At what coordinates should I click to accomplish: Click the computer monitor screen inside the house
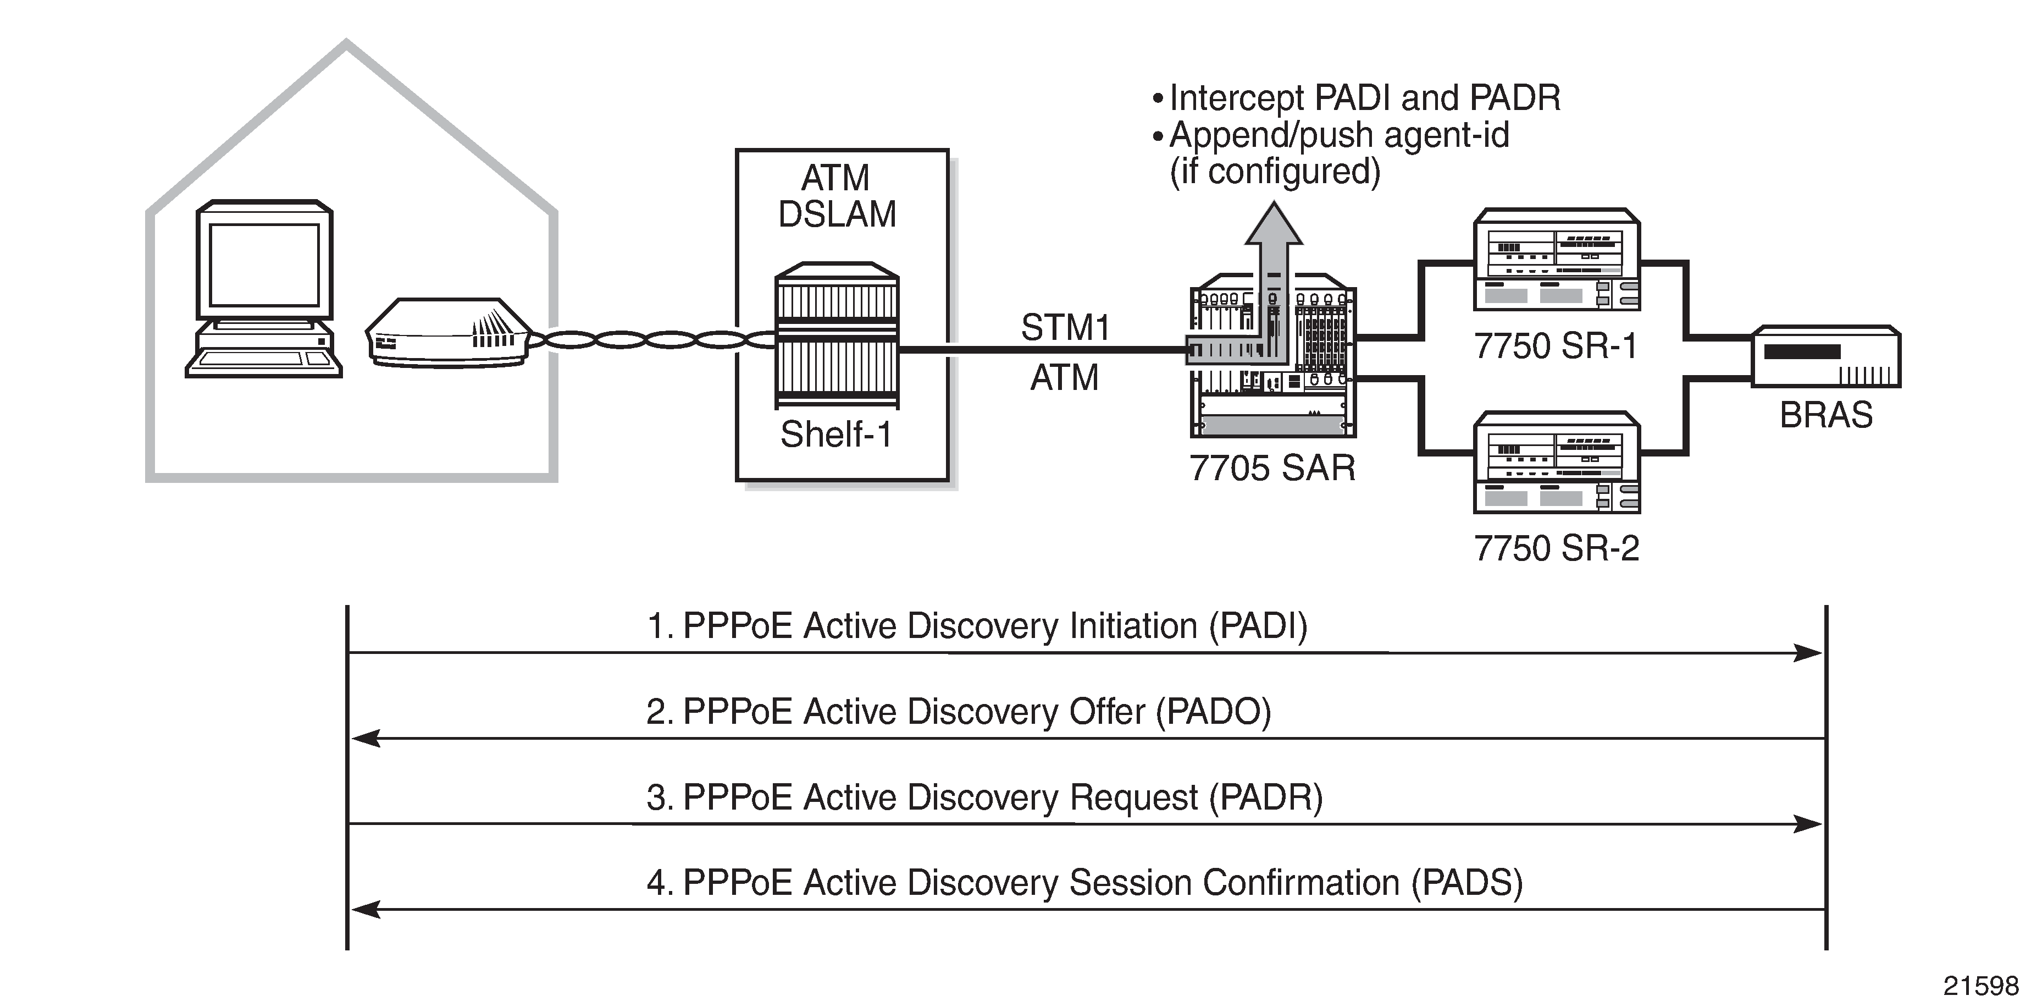264,265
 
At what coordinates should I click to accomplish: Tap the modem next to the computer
447,333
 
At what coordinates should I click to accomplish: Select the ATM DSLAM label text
837,196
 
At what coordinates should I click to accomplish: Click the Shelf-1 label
836,435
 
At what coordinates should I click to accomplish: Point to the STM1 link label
1065,328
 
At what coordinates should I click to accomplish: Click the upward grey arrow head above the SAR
1274,224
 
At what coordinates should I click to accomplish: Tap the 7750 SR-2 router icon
1557,463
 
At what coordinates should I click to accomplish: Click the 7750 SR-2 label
1557,548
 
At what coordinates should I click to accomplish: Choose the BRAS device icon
1825,357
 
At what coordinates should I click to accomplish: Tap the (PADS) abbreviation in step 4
1466,883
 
